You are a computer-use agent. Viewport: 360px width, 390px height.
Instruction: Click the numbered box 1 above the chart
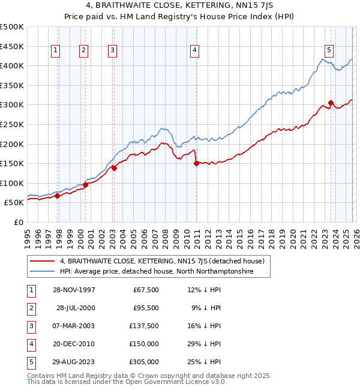pyautogui.click(x=55, y=51)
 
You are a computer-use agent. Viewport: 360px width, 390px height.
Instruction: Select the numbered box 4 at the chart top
pyautogui.click(x=195, y=51)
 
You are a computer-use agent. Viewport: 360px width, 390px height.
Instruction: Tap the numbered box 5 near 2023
pyautogui.click(x=330, y=51)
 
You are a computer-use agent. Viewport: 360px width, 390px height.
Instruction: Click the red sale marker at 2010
pyautogui.click(x=196, y=163)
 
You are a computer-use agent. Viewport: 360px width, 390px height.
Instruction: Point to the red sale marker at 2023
pyautogui.click(x=331, y=103)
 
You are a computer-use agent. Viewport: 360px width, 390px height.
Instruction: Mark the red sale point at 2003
pyautogui.click(x=114, y=168)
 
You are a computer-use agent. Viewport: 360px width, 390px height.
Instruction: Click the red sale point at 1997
pyautogui.click(x=58, y=196)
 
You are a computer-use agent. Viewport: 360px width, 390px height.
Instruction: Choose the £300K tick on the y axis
pyautogui.click(x=12, y=105)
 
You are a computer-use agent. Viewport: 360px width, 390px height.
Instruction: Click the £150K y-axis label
pyautogui.click(x=12, y=163)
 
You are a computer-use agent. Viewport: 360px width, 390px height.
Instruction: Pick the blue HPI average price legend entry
pyautogui.click(x=156, y=271)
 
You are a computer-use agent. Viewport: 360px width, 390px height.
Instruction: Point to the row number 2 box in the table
pyautogui.click(x=29, y=308)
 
